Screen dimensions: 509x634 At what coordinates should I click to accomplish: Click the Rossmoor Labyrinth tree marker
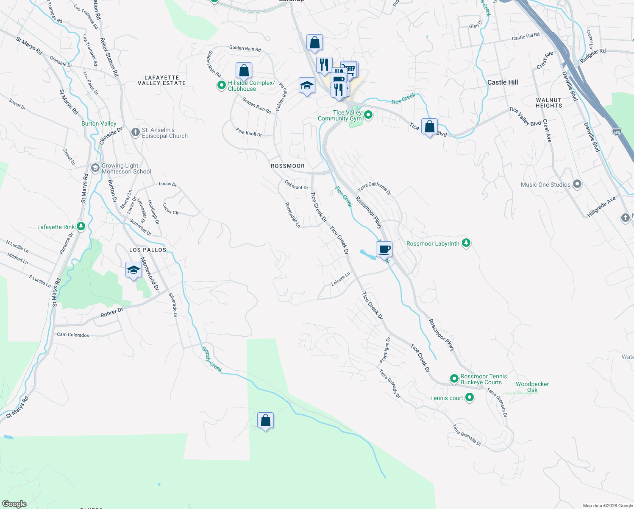point(466,243)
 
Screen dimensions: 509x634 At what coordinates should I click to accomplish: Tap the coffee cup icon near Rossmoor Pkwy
point(384,249)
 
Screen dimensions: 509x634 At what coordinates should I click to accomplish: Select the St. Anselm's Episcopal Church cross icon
point(135,132)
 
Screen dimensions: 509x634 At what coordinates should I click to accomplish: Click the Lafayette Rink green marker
point(81,227)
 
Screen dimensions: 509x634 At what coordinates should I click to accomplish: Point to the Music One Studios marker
point(577,184)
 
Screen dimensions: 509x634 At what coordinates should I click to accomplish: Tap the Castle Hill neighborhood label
point(502,82)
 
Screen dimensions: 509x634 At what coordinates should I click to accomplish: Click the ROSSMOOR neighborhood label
point(288,166)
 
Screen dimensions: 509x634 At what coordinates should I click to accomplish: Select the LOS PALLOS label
point(148,250)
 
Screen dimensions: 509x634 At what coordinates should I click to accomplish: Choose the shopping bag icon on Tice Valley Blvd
point(429,127)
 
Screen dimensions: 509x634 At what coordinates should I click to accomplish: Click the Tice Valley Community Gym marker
point(368,115)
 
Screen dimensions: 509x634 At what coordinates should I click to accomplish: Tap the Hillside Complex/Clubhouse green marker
point(221,85)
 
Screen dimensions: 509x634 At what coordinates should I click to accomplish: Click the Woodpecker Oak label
point(532,387)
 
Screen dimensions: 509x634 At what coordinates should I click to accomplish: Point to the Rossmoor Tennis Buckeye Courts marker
point(454,378)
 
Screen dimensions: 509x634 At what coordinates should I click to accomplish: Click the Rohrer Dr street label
point(112,313)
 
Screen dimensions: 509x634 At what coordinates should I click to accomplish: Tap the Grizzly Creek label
point(211,359)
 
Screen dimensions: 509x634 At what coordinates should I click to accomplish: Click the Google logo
point(14,504)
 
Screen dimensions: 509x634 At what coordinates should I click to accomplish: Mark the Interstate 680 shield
point(617,132)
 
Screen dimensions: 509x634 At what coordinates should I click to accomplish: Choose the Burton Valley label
point(99,123)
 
